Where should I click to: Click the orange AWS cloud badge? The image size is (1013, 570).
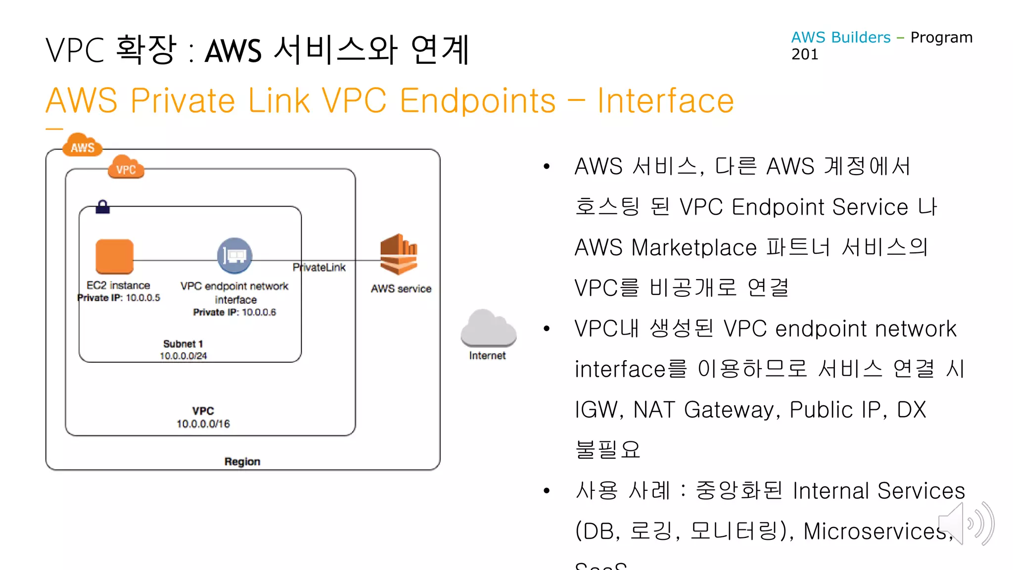(x=82, y=145)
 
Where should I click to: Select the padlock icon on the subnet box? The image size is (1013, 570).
(x=102, y=207)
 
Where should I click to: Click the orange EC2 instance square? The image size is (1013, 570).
(x=114, y=256)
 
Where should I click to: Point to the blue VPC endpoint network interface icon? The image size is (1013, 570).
(x=234, y=256)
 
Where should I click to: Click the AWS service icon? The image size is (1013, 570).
(x=399, y=254)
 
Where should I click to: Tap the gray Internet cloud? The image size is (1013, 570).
(x=488, y=329)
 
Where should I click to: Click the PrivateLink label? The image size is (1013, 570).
(x=319, y=268)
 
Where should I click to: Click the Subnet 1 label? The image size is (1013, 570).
(x=183, y=344)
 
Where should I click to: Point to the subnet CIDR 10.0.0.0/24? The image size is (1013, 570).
(x=183, y=356)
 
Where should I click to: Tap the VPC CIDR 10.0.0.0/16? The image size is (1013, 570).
(x=203, y=424)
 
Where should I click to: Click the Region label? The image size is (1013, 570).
(x=242, y=462)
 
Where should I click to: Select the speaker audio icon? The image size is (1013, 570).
(x=966, y=523)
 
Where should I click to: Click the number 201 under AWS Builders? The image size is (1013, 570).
(x=805, y=54)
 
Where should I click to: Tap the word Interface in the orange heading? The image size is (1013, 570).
(x=665, y=101)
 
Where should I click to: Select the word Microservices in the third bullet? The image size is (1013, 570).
(x=875, y=531)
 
